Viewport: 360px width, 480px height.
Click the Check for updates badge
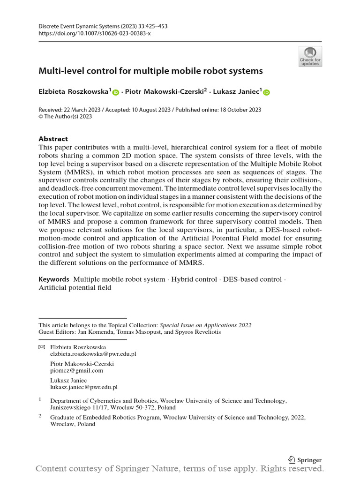310,56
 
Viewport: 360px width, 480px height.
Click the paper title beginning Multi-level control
150,71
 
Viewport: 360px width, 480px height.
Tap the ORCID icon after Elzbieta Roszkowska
116,93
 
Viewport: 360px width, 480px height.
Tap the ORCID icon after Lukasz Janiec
266,93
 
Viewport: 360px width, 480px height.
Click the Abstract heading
53,139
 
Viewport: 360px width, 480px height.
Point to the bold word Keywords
53,279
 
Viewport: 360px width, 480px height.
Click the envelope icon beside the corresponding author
42,347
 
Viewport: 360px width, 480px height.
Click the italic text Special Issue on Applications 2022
205,325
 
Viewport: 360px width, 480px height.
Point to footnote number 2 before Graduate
40,415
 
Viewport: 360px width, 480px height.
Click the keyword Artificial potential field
75,287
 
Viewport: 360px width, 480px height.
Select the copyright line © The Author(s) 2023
65,117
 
